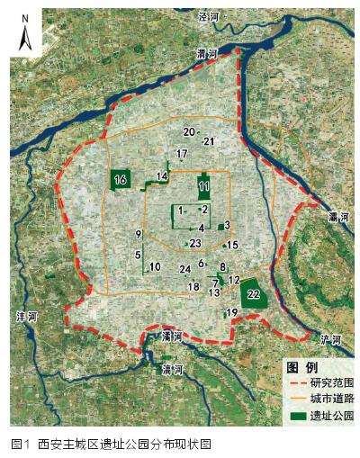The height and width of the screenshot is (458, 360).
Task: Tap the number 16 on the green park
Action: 121,180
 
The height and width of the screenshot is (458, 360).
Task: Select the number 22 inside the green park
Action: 254,294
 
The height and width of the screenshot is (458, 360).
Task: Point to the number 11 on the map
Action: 204,186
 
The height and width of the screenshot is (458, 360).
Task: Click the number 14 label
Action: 162,175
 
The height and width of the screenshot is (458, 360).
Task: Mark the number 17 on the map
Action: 182,154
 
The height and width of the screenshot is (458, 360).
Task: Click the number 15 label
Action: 232,245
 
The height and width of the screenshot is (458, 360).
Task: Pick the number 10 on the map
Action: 155,266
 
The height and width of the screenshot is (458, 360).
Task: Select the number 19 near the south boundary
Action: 232,312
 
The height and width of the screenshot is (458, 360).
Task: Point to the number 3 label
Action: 228,225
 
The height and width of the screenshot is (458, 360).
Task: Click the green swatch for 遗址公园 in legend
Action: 295,415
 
